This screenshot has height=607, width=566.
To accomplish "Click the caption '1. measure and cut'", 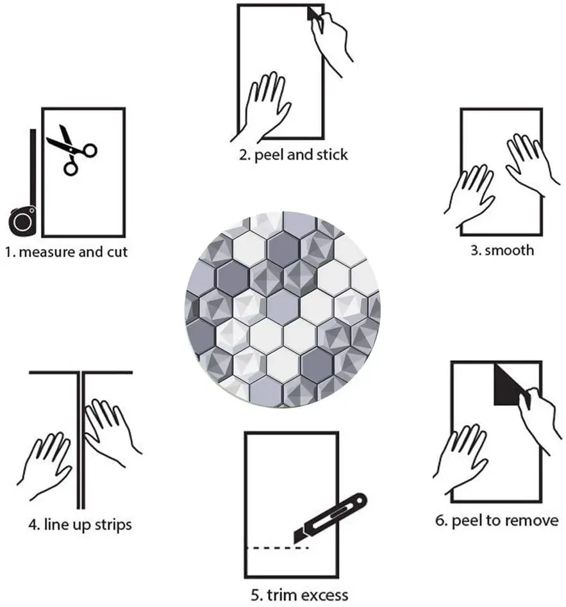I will click(x=67, y=252).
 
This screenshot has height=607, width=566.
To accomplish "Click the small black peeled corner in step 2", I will click(x=313, y=13).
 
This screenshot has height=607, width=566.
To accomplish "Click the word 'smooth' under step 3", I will click(x=510, y=250).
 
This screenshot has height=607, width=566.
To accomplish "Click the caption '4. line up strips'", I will click(x=80, y=525).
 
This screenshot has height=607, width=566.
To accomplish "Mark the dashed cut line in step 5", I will click(x=277, y=548).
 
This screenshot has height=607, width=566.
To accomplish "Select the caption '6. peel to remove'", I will click(x=497, y=521).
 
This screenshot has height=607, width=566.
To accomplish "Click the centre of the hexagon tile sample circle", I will click(x=283, y=309).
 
